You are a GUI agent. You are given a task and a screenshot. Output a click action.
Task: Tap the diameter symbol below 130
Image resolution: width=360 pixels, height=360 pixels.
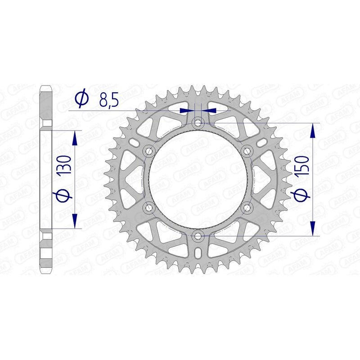[x=63, y=195]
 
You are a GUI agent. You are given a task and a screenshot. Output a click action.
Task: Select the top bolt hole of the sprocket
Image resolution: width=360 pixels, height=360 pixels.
[x=198, y=123]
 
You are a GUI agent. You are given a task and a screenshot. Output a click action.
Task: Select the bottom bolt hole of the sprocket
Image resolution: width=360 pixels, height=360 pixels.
[x=198, y=235]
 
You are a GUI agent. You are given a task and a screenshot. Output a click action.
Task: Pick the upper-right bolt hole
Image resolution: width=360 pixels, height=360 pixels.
[x=247, y=151]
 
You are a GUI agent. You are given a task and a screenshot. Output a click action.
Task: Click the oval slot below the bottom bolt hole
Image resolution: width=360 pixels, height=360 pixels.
[x=198, y=254]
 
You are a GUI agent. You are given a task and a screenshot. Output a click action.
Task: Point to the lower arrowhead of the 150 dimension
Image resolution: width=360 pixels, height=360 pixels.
[x=313, y=229]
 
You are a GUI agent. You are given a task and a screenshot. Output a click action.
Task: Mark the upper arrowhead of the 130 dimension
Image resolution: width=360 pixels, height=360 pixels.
[x=75, y=137]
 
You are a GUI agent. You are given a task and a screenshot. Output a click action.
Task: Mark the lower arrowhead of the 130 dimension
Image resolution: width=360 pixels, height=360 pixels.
[x=75, y=221]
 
